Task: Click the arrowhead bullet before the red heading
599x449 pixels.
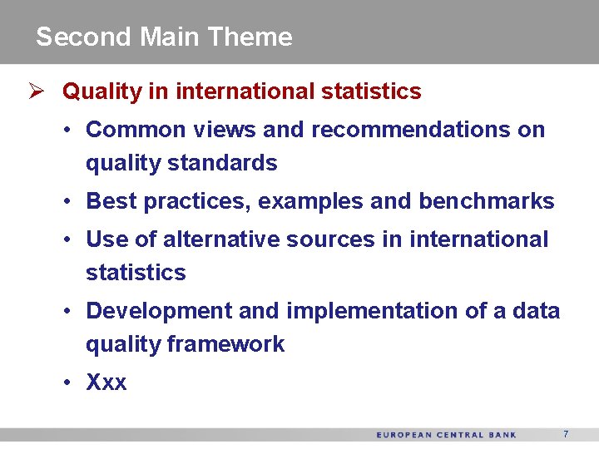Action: pos(36,91)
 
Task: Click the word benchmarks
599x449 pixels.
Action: pos(487,201)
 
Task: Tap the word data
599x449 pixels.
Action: pos(537,311)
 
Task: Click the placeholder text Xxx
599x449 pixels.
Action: pos(106,382)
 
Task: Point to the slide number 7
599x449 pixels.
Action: pos(566,434)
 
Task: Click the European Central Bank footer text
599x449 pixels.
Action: pos(446,435)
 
